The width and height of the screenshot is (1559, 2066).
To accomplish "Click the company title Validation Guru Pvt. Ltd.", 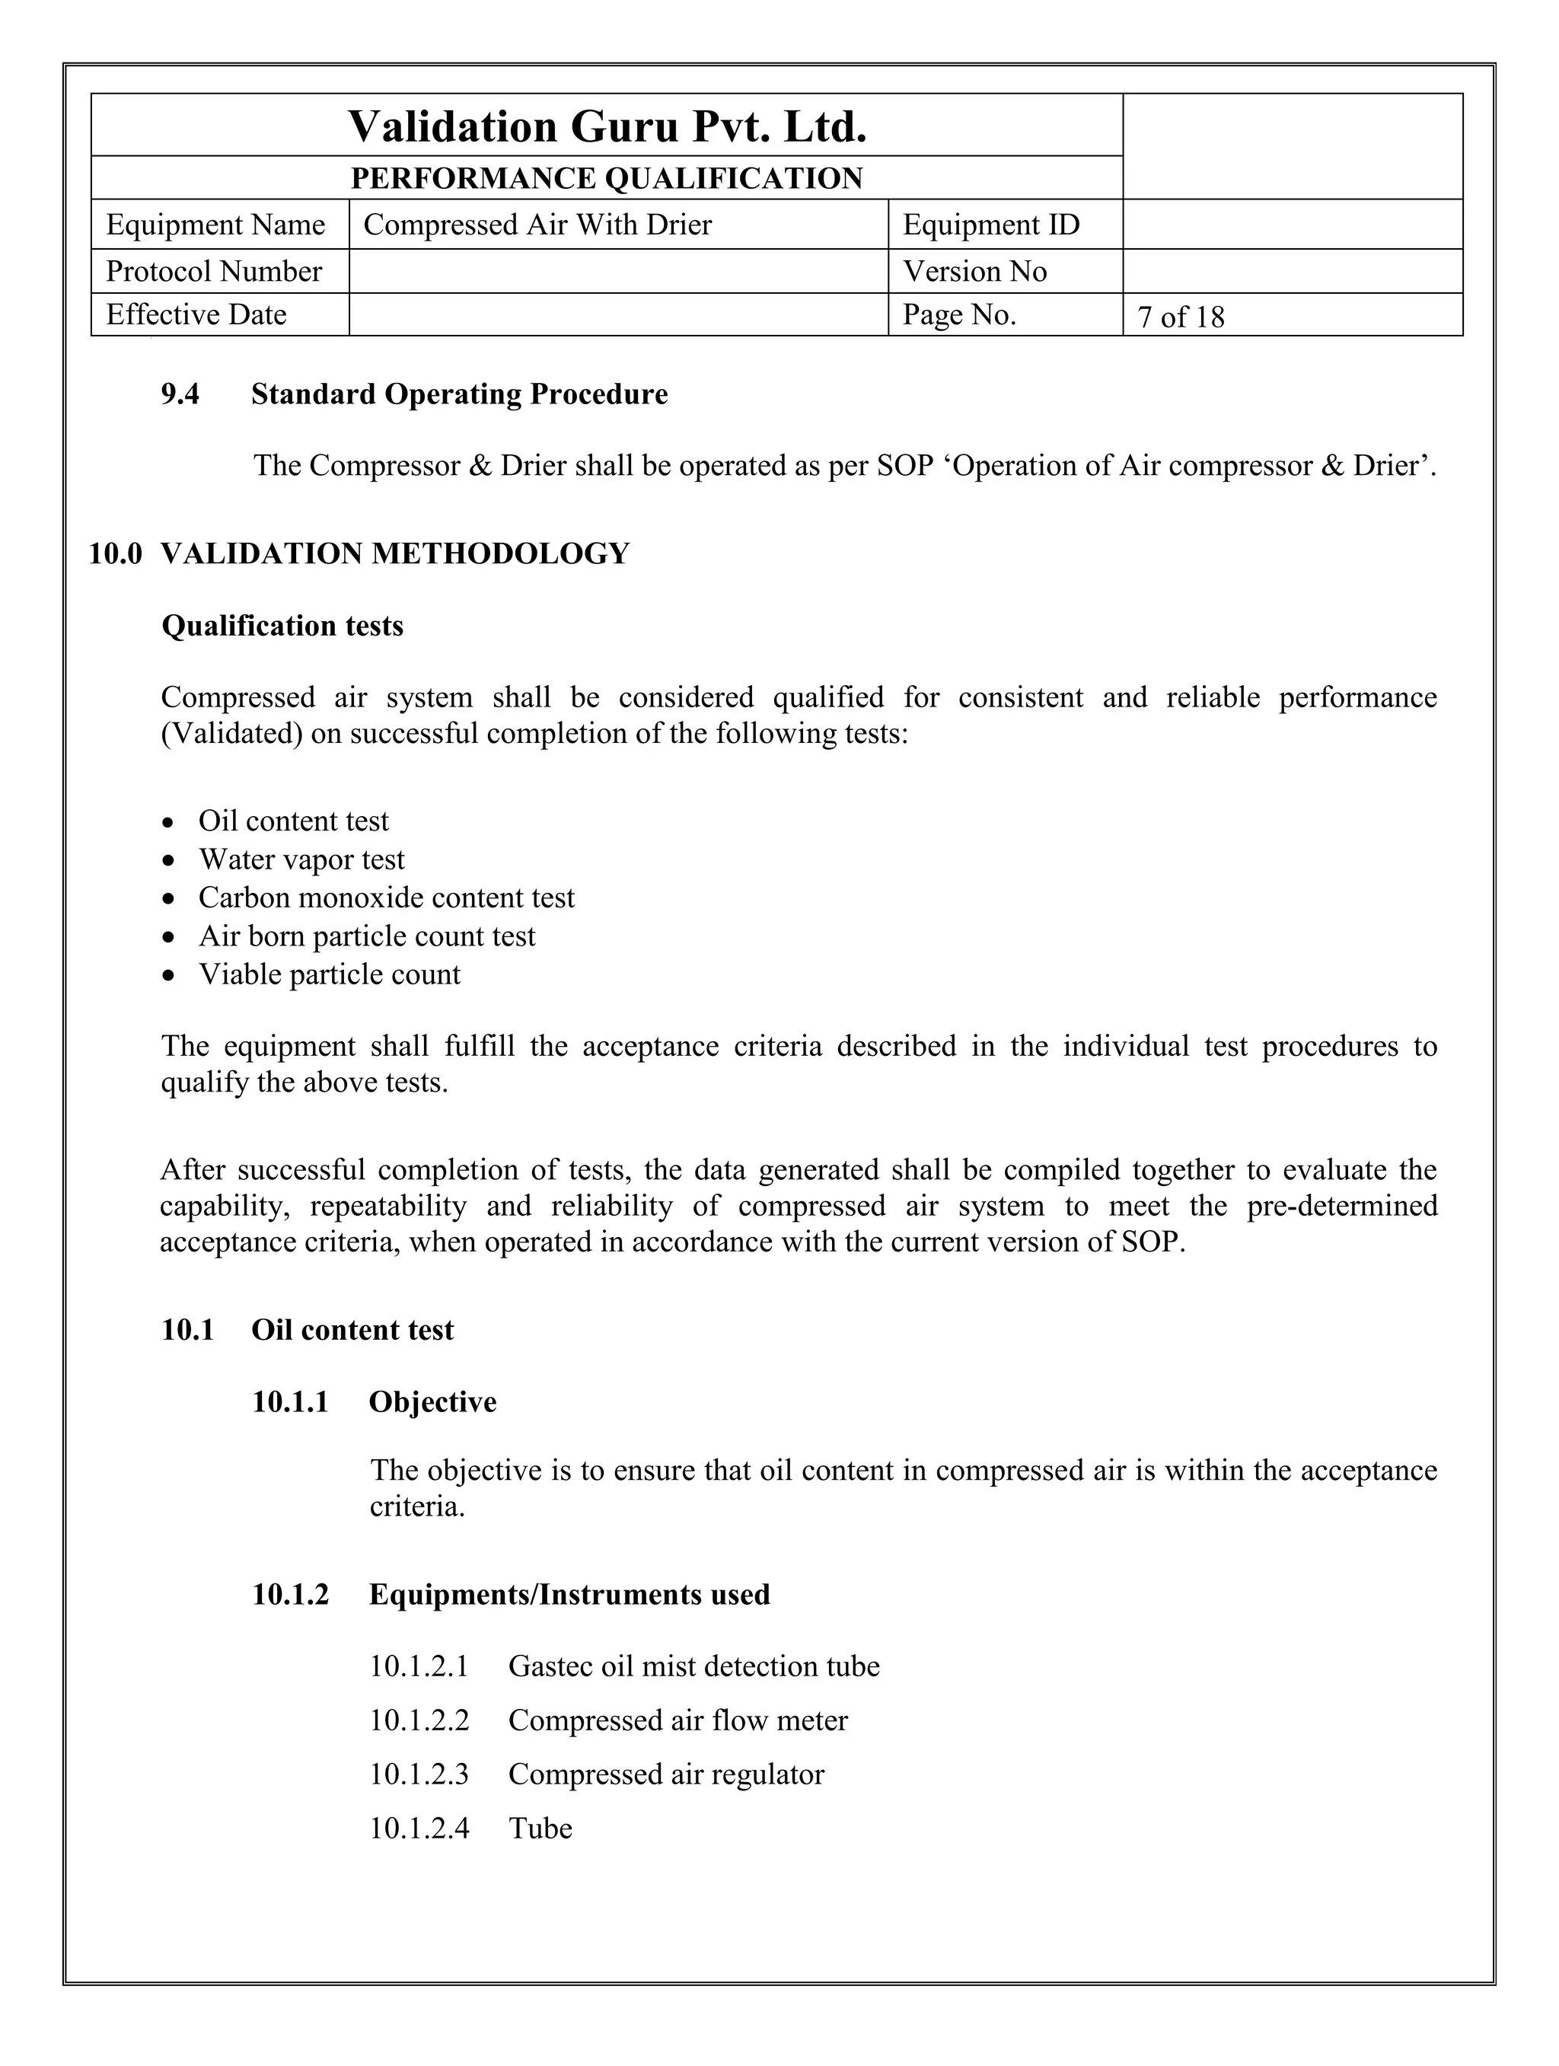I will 607,126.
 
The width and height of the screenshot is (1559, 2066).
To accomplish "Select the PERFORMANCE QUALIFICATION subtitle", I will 607,178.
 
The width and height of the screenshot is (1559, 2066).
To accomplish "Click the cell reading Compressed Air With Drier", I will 537,225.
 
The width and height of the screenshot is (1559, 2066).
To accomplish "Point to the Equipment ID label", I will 991,225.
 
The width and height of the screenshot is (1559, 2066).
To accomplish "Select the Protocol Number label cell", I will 214,272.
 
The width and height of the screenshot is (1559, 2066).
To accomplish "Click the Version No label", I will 974,272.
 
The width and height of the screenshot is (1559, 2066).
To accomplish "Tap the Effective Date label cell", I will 196,314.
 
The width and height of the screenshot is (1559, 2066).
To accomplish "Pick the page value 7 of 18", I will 1181,317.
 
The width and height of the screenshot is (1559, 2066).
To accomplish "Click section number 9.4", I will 180,394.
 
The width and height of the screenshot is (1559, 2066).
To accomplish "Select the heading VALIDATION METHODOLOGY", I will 395,554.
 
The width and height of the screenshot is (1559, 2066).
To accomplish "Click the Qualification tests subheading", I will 282,626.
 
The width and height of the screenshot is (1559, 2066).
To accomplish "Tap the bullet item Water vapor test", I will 301,859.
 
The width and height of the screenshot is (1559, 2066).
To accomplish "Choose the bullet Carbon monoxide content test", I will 386,897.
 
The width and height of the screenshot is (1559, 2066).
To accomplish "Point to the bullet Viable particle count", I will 329,974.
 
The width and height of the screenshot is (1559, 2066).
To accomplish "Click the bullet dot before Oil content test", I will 168,823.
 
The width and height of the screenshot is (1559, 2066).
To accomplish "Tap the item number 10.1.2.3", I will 419,1774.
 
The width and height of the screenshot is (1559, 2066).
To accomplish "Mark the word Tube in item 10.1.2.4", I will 540,1828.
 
